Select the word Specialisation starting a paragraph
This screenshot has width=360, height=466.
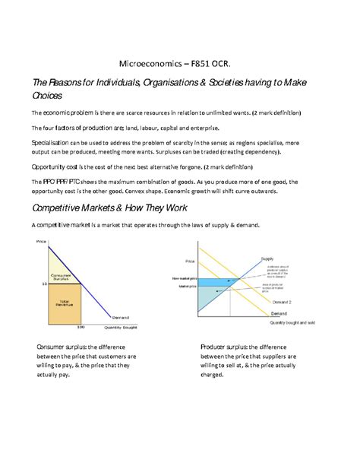click(x=52, y=141)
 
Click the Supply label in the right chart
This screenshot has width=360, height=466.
click(x=267, y=258)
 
